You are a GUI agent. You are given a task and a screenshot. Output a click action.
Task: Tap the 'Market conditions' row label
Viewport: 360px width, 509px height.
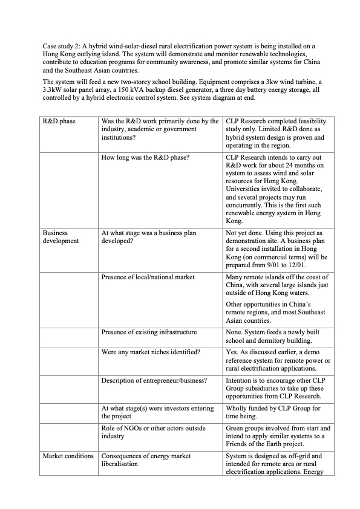(68, 455)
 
